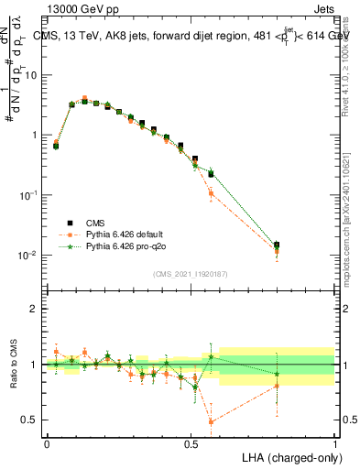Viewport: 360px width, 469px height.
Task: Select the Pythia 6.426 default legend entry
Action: coord(129,234)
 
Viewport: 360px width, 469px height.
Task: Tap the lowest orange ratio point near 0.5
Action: coord(212,422)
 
